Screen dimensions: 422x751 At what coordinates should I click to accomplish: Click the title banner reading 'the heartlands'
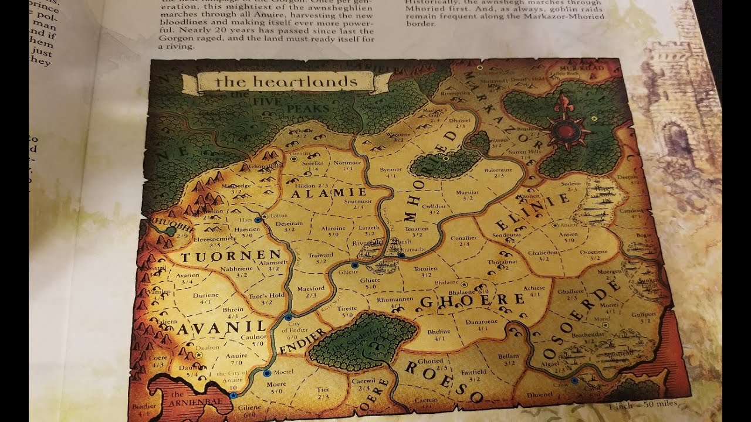pos(286,82)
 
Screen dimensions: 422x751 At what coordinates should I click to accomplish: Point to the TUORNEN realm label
pos(231,256)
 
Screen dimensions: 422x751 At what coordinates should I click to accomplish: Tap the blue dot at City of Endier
pos(288,317)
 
